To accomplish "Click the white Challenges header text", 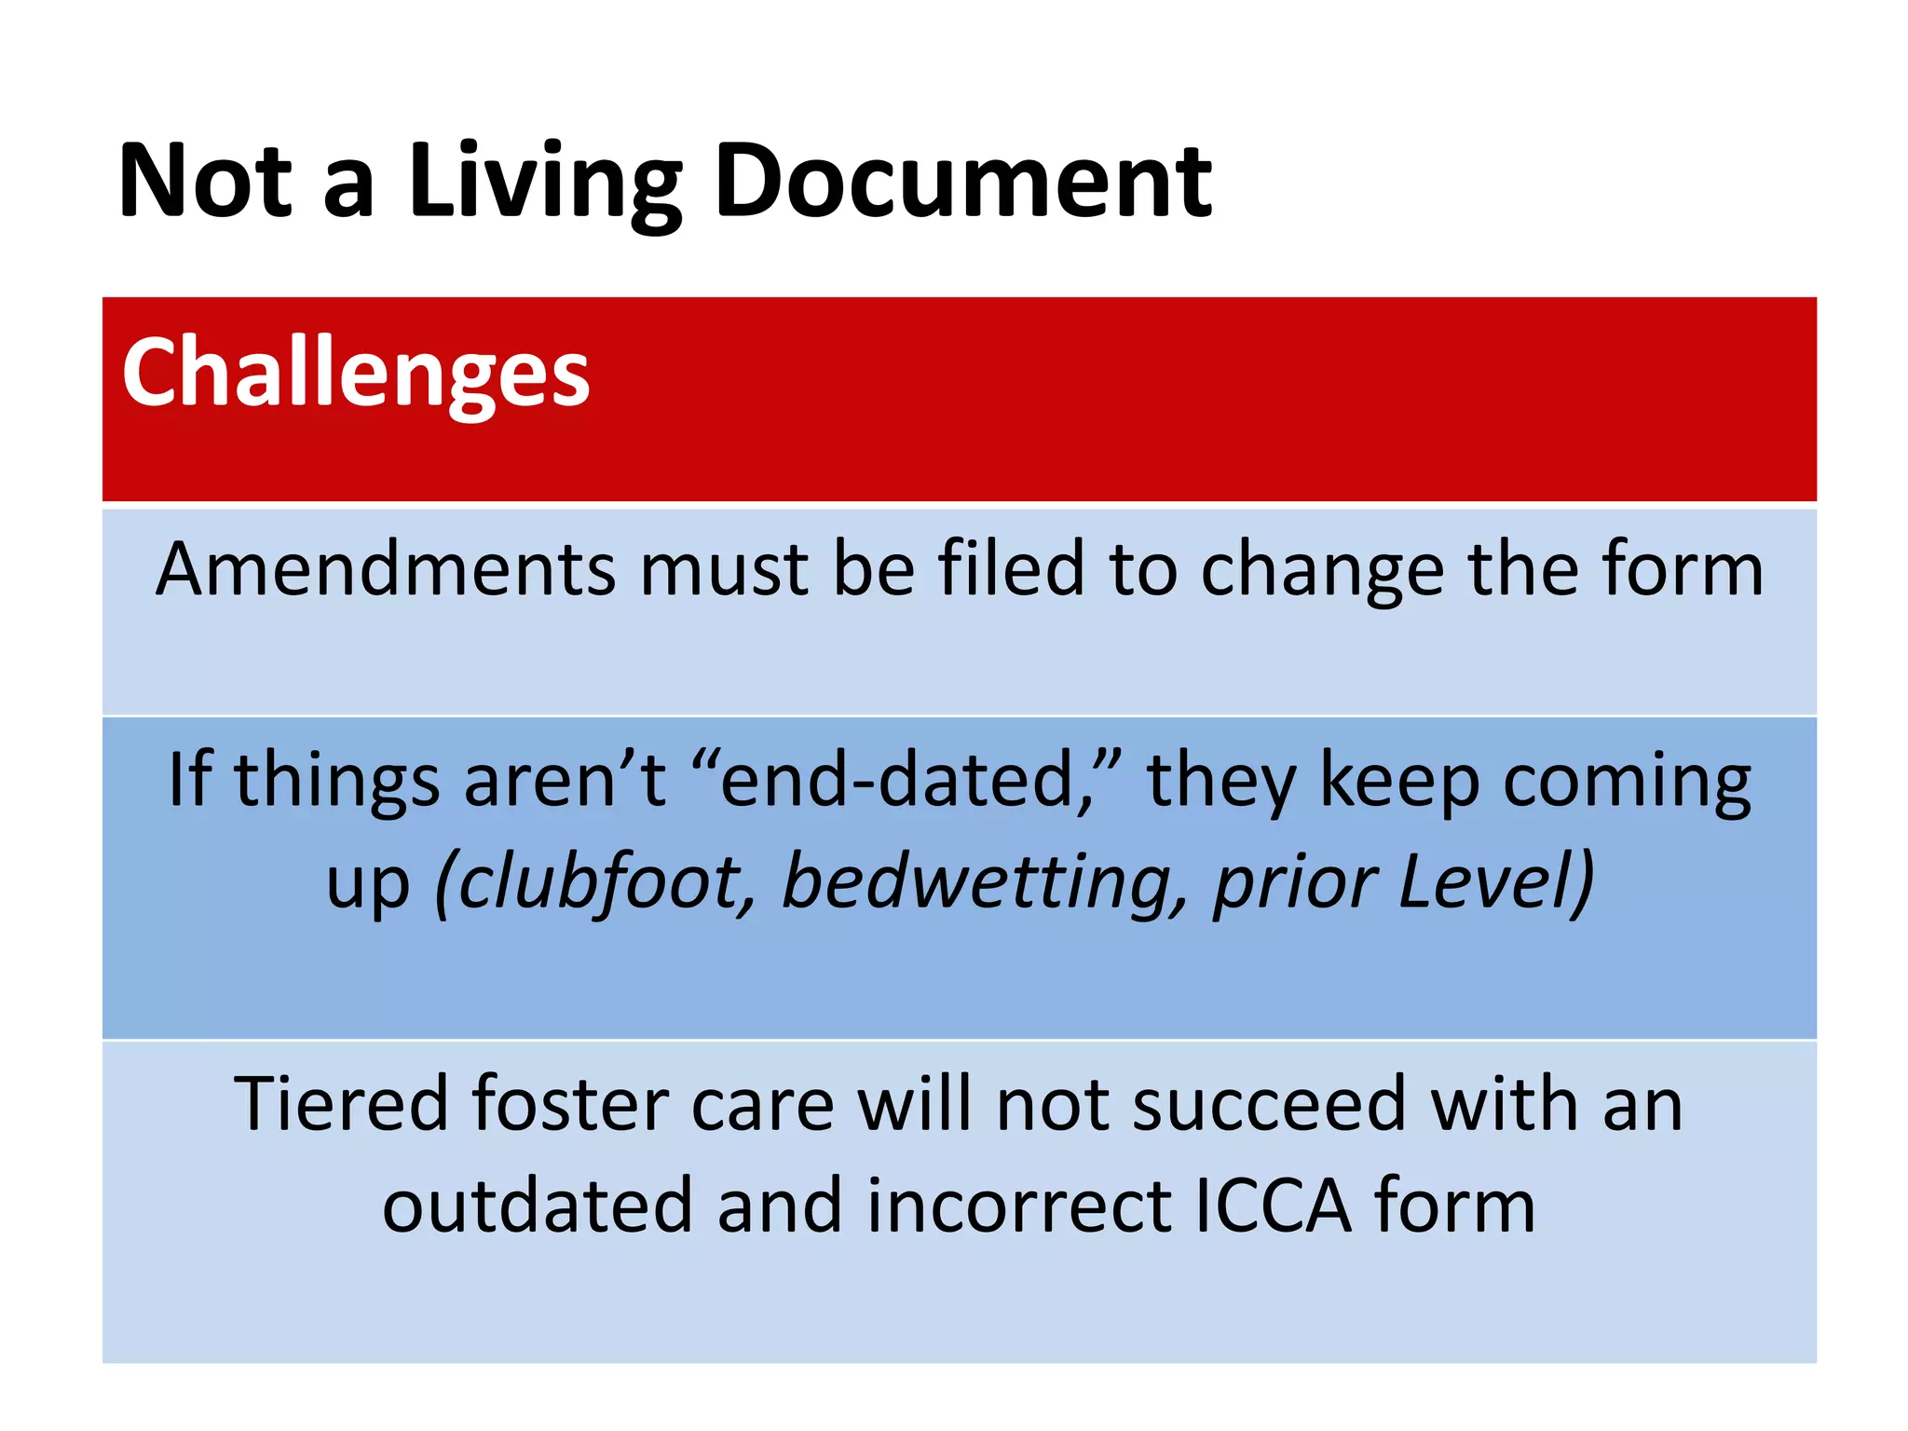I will coord(356,375).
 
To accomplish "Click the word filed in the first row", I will coord(1011,569).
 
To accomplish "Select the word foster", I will coord(569,1104).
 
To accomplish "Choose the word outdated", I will coord(538,1206).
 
